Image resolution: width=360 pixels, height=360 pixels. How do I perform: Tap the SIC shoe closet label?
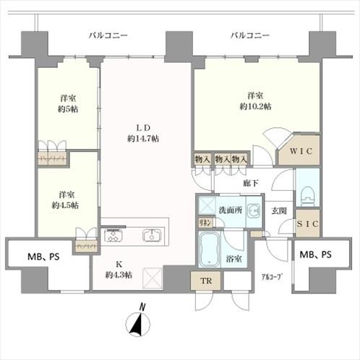coord(308,225)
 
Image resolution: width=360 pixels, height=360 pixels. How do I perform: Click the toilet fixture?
coord(307,194)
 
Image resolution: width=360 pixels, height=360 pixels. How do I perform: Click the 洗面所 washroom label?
coord(230,209)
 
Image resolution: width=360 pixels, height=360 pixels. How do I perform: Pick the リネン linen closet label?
coord(205,225)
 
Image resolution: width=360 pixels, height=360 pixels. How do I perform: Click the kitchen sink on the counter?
coord(153,235)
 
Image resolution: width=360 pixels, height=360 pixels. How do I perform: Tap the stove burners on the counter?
coord(114,235)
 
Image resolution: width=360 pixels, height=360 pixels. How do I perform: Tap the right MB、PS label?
coord(316,254)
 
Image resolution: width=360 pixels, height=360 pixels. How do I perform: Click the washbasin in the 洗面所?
coord(253,211)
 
